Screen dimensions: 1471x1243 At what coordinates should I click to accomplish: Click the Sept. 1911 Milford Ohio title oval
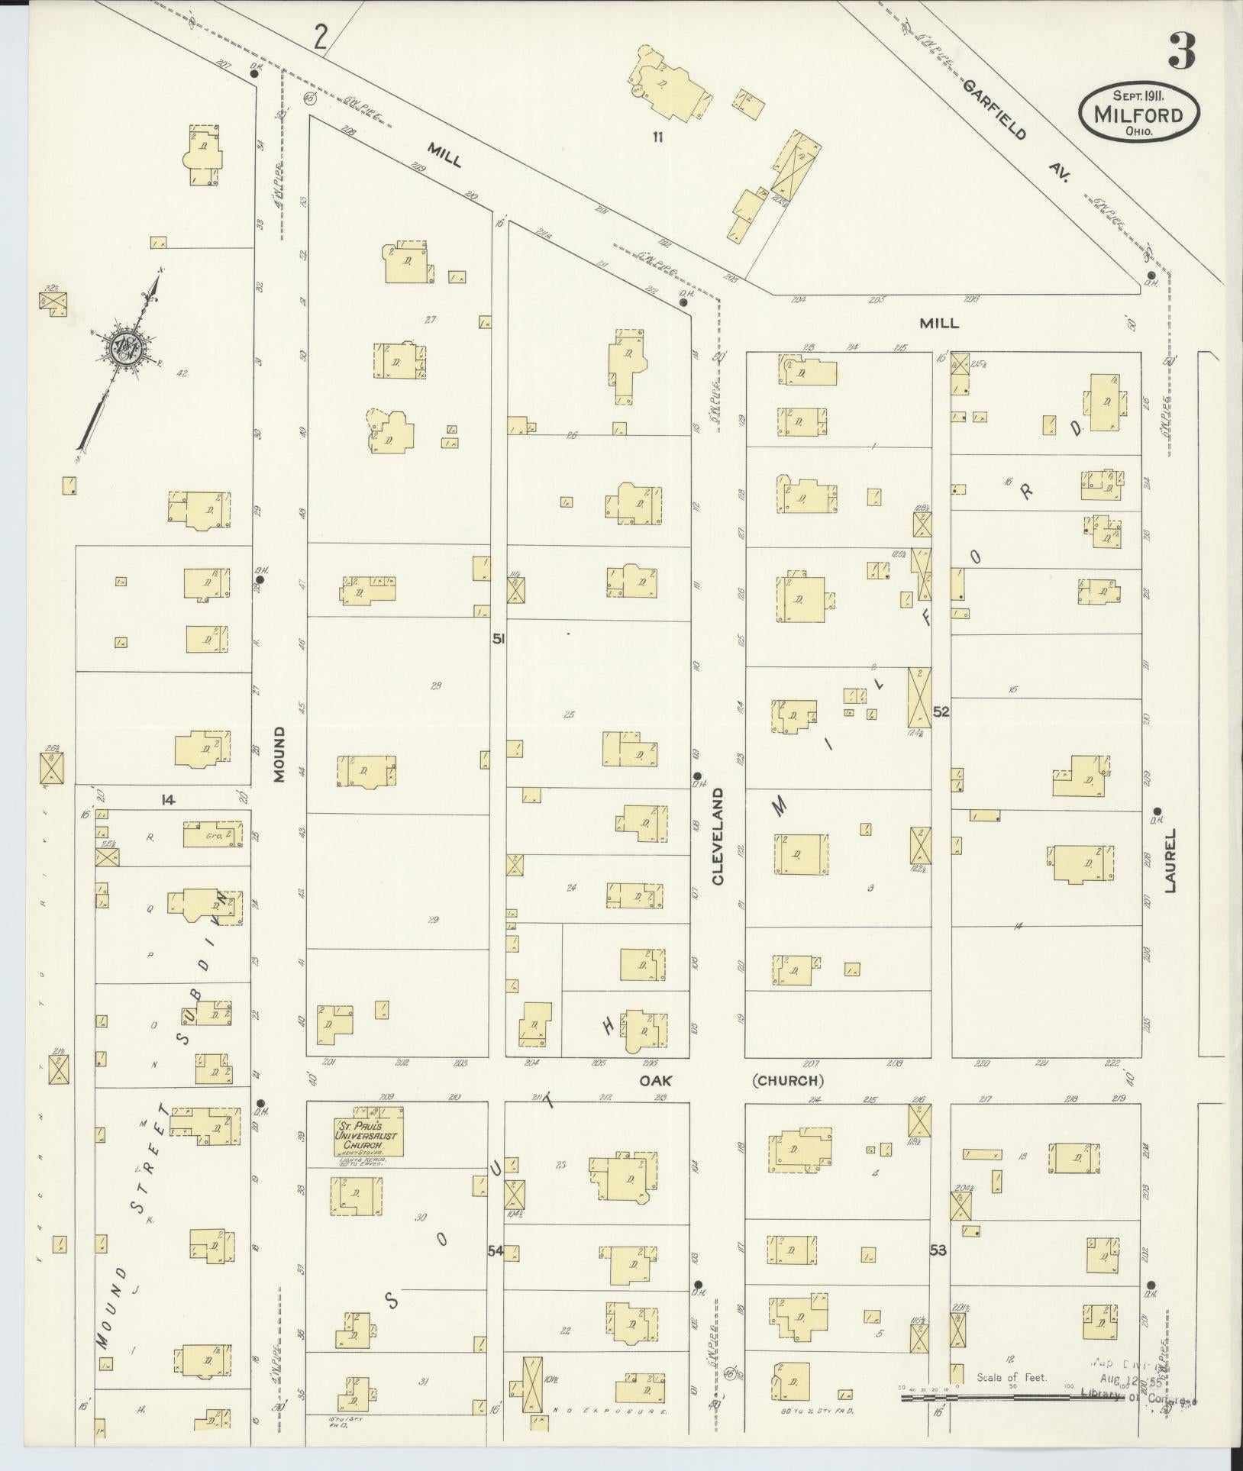coord(1138,113)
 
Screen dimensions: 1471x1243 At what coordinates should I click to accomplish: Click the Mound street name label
coord(279,754)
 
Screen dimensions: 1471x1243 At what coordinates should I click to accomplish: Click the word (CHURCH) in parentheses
coord(789,1080)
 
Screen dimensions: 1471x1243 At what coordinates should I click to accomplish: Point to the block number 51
coord(498,639)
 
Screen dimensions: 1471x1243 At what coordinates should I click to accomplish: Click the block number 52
coord(941,711)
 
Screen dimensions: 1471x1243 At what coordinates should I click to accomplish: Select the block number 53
coord(938,1250)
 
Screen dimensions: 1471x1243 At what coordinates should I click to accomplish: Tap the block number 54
coord(496,1250)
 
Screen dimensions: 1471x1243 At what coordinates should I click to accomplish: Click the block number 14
coord(168,799)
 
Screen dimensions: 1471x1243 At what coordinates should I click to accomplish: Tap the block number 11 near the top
coord(656,138)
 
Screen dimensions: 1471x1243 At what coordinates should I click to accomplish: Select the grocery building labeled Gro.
coord(213,836)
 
